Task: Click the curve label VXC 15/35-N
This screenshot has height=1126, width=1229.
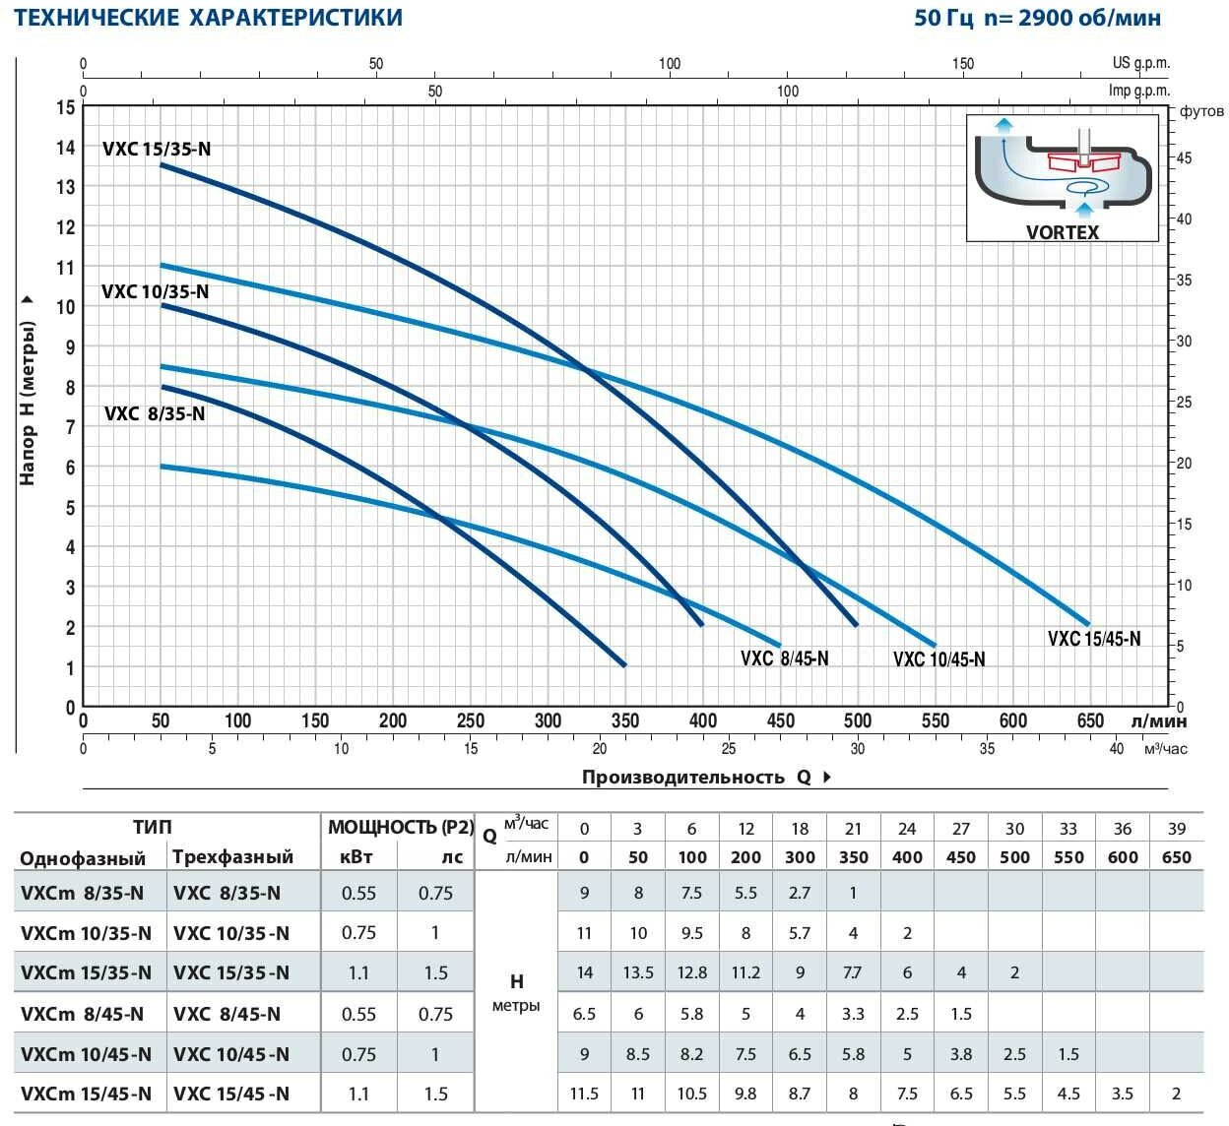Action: pyautogui.click(x=157, y=150)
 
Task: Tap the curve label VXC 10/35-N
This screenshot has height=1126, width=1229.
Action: pyautogui.click(x=155, y=292)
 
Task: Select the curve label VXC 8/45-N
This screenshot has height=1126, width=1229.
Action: pyautogui.click(x=784, y=657)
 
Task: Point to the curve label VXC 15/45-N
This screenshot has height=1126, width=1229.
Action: pyautogui.click(x=1094, y=639)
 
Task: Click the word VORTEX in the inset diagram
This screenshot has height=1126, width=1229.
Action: pyautogui.click(x=1063, y=232)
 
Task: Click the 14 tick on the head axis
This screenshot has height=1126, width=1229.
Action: pyautogui.click(x=66, y=148)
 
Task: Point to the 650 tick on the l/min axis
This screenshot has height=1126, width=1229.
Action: pyautogui.click(x=1090, y=720)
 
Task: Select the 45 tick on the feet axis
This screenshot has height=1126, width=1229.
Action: pyautogui.click(x=1184, y=158)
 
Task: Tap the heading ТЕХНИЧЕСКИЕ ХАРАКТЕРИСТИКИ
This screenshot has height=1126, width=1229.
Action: pyautogui.click(x=208, y=18)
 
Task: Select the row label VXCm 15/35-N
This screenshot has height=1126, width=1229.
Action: pyautogui.click(x=87, y=972)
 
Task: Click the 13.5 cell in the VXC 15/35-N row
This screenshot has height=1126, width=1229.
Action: pyautogui.click(x=638, y=972)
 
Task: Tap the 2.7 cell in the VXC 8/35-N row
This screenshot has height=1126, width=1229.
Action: pyautogui.click(x=800, y=893)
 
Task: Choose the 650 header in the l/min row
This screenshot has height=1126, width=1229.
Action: pyautogui.click(x=1176, y=856)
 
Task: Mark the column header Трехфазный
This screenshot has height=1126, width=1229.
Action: pyautogui.click(x=232, y=856)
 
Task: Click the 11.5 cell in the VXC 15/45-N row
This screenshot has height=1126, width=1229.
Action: pyautogui.click(x=585, y=1094)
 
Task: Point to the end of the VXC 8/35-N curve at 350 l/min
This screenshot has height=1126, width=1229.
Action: pyautogui.click(x=624, y=665)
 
